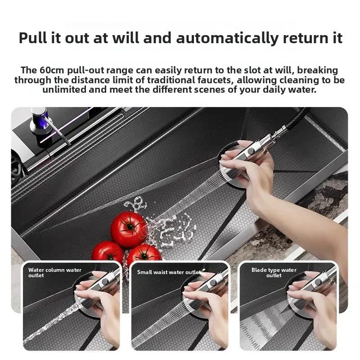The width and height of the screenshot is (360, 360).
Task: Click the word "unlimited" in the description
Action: (x=67, y=90)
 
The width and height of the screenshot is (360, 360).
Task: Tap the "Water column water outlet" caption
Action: (x=55, y=272)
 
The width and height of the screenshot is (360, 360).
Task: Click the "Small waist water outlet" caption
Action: (x=169, y=272)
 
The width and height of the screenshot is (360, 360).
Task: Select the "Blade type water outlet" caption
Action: (x=274, y=272)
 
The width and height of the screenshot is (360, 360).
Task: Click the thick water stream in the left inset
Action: (x=49, y=324)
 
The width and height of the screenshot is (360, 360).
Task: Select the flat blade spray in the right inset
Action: (x=270, y=324)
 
